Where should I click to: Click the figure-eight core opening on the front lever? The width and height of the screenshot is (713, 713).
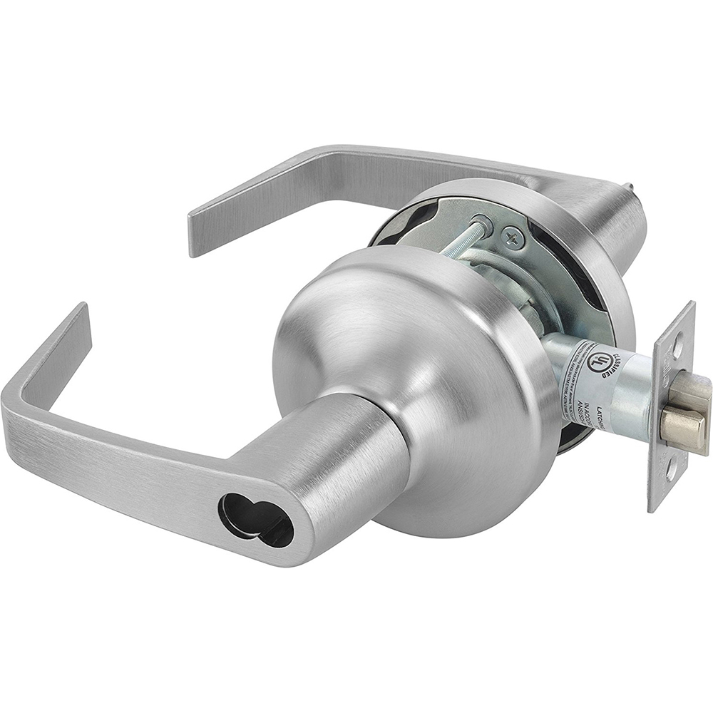(255, 519)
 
